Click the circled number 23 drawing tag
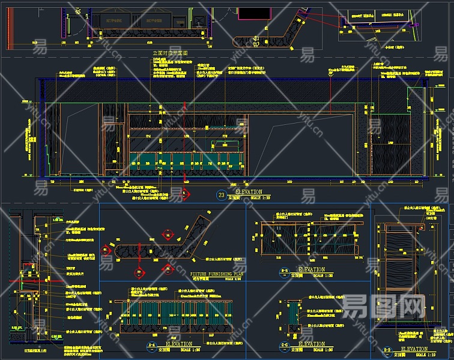coord(221,194)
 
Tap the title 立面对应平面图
coord(171,53)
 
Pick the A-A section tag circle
coord(151,346)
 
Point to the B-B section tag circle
coord(284,271)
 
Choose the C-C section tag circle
coord(284,346)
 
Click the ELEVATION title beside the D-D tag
coord(414,349)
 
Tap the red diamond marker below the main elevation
coord(186,194)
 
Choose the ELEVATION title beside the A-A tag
coord(179,344)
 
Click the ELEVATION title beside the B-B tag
coord(311,269)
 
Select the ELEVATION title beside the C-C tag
coord(311,344)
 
